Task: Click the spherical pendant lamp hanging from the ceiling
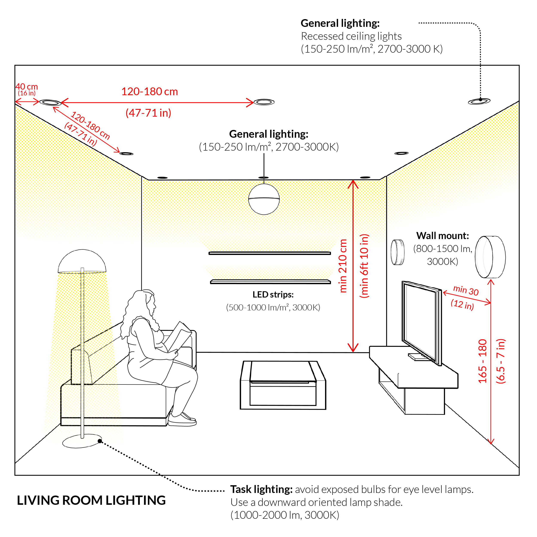[264, 199]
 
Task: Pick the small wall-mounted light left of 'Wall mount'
[397, 252]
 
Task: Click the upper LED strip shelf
[270, 253]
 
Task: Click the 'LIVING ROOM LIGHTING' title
[91, 500]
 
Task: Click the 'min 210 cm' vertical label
[343, 266]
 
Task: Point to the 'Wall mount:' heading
[442, 236]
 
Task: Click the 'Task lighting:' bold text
[261, 489]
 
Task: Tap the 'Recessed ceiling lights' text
[351, 36]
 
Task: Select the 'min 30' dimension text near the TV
[466, 290]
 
